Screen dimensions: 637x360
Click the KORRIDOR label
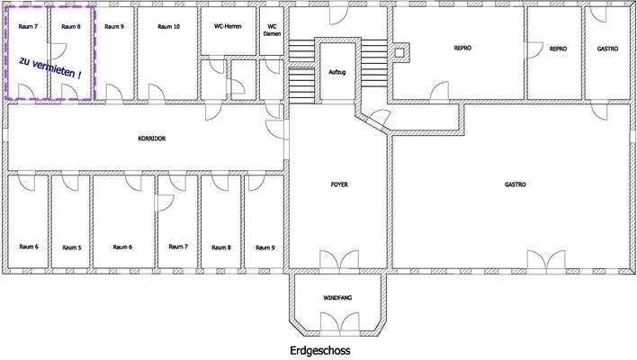(152, 139)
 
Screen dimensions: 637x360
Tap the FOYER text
(339, 184)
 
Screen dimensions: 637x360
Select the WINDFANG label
(337, 298)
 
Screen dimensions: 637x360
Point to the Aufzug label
(337, 72)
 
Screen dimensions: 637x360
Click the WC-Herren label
(228, 26)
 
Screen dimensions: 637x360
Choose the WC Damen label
(273, 30)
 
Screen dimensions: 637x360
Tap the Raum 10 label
(168, 27)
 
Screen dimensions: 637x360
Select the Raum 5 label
(71, 247)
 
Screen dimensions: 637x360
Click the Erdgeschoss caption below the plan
(320, 350)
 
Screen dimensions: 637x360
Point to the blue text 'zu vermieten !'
(50, 67)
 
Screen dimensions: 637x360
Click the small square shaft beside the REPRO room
(399, 53)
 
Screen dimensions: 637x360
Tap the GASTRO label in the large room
(516, 184)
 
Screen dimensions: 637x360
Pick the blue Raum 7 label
(28, 27)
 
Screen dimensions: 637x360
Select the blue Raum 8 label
(71, 27)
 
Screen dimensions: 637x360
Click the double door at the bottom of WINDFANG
(339, 322)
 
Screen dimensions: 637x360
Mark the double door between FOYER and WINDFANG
(339, 259)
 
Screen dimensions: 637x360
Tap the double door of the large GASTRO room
(546, 260)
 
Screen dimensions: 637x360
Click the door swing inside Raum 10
(157, 92)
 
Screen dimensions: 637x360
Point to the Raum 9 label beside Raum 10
(114, 27)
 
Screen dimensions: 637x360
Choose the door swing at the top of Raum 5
(70, 183)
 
